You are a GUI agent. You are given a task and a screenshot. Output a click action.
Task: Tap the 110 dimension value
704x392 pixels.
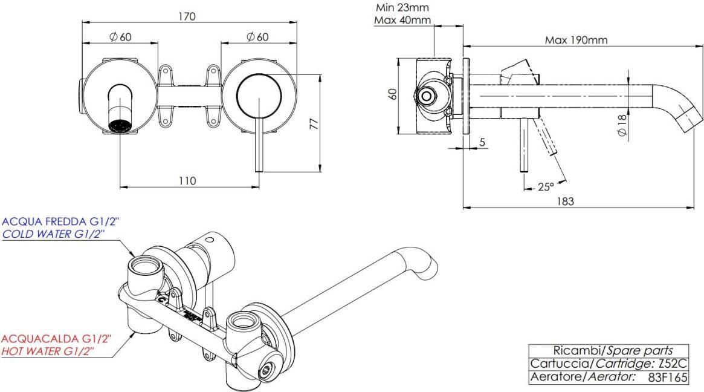(x=187, y=180)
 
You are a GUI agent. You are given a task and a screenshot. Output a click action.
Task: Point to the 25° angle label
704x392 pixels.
(x=546, y=187)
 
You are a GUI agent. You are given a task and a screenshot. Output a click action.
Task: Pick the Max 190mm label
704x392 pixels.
(x=576, y=41)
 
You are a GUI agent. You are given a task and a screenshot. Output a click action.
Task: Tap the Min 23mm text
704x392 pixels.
(x=402, y=8)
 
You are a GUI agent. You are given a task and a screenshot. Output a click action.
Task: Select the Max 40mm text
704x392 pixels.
(x=402, y=21)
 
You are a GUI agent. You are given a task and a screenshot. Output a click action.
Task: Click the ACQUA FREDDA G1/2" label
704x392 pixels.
(x=60, y=223)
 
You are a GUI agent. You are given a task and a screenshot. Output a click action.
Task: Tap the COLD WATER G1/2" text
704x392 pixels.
(x=60, y=234)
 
